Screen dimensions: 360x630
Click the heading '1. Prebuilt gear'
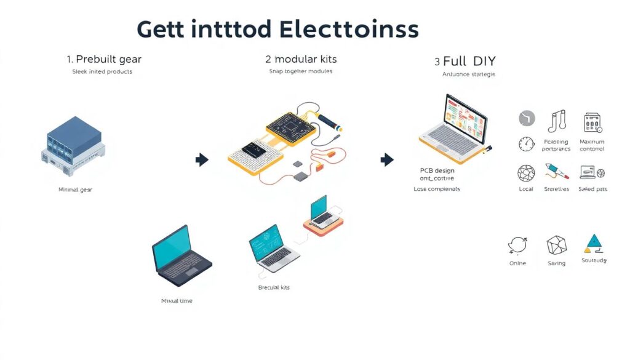click(x=104, y=59)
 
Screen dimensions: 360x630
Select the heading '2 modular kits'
click(x=301, y=59)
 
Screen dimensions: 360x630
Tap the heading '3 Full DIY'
click(x=465, y=62)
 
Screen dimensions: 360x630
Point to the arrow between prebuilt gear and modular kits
click(x=202, y=160)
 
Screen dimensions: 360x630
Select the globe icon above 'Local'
click(x=526, y=172)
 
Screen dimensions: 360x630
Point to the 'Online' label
click(x=517, y=263)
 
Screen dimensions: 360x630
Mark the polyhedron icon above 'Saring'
click(x=556, y=245)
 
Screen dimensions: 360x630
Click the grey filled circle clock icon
click(x=527, y=118)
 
